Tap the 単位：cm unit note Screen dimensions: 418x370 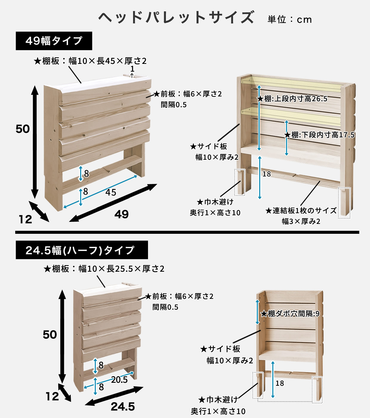click(289, 19)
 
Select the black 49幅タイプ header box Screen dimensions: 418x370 click(54, 41)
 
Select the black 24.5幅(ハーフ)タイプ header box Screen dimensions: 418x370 click(82, 250)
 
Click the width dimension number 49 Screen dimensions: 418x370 click(121, 214)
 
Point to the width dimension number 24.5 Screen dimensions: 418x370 click(123, 406)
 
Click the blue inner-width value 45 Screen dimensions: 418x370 click(111, 192)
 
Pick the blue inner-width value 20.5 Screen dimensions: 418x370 click(119, 380)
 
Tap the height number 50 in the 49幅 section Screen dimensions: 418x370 click(23, 129)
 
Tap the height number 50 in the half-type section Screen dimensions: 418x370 click(50, 334)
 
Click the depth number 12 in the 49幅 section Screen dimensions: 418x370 click(25, 219)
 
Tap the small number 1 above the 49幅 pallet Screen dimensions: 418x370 click(132, 69)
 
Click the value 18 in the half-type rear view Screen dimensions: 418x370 click(280, 383)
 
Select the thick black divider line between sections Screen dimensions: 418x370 click(187, 232)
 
